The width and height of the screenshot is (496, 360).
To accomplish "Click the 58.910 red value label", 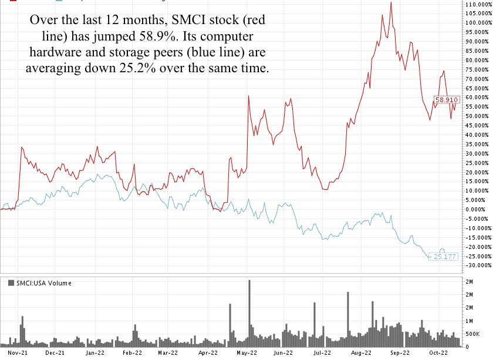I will point(446,100).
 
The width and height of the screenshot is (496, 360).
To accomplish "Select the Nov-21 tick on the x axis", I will point(20,353).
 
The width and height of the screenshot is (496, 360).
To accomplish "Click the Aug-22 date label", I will point(360,353).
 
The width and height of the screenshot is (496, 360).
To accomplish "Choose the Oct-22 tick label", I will point(436,353).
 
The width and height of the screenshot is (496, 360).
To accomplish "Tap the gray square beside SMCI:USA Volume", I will point(11,283).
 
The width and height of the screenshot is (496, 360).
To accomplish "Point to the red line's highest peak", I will point(391,2).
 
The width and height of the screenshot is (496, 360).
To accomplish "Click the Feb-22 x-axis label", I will point(132,353).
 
